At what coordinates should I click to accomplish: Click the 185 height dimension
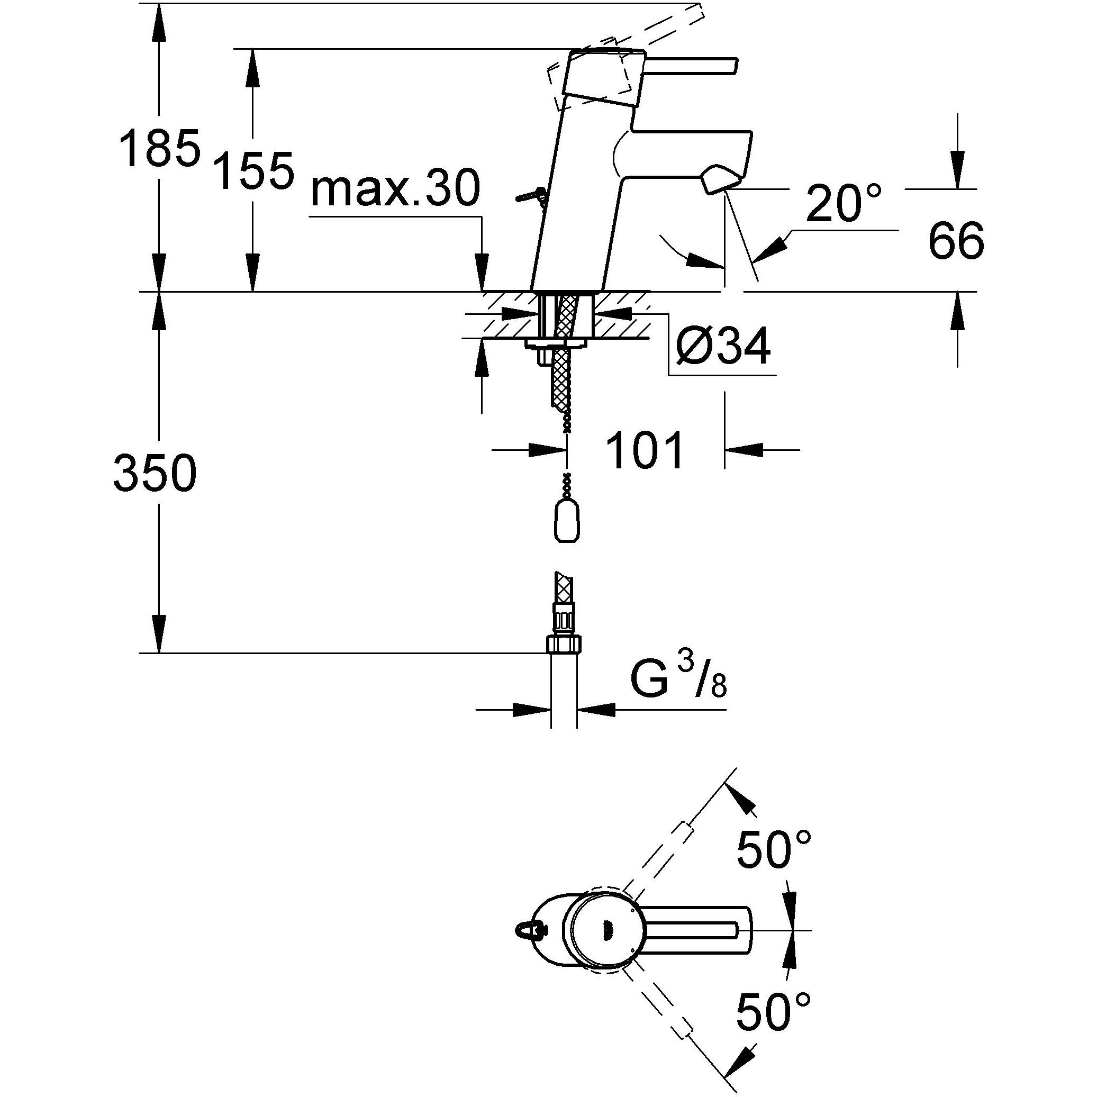160,149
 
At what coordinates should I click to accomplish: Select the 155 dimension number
256,170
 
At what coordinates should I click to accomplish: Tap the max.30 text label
396,189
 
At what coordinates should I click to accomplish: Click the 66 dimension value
956,241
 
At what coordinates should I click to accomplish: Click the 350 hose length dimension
155,473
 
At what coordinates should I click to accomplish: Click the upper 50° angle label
773,849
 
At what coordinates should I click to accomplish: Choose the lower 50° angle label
773,1011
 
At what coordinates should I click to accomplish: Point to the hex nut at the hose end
564,645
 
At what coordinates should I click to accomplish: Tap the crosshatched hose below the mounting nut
560,378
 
